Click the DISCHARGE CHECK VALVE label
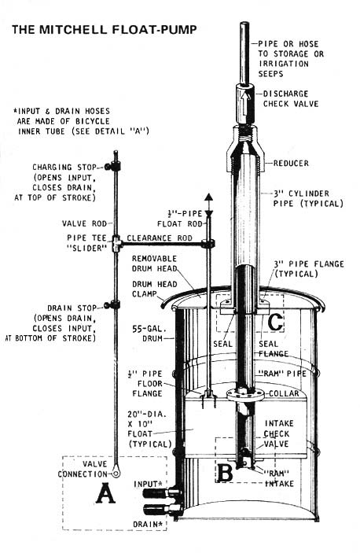tap(297, 98)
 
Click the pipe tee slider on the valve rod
tap(116, 244)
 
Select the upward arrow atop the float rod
tap(208, 199)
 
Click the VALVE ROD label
tap(83, 223)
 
